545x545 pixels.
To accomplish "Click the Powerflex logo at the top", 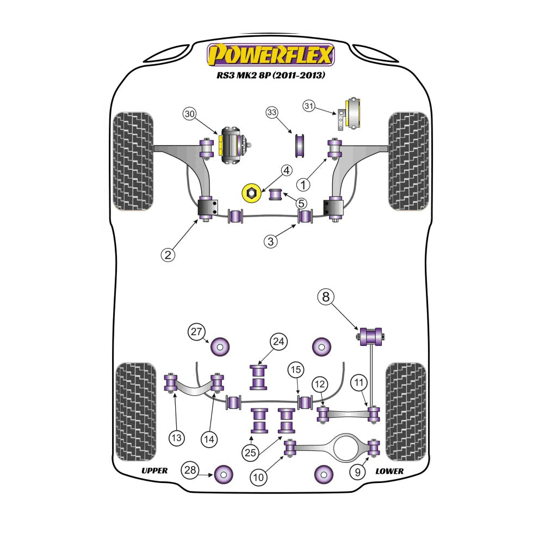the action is (x=271, y=55).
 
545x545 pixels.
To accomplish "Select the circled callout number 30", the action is (x=189, y=114).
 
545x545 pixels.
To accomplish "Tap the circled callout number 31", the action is (x=308, y=106).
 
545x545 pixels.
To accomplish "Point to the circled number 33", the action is (x=272, y=112).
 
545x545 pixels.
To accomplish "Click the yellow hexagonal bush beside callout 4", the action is (x=251, y=193).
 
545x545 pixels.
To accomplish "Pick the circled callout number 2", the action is (x=168, y=255).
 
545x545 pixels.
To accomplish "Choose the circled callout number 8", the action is (x=326, y=297).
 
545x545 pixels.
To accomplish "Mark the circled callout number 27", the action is (x=196, y=332).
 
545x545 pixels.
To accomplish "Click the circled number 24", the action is (x=278, y=342).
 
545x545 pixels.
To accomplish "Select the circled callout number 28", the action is (x=190, y=470).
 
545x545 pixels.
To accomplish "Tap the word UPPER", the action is (x=154, y=470).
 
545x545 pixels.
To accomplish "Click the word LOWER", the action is (x=389, y=472).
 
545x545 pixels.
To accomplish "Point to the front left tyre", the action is (x=133, y=162).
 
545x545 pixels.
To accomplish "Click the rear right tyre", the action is (x=406, y=412).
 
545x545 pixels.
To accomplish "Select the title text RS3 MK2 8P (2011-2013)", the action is (x=271, y=75).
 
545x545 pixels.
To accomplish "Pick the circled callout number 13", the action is (x=177, y=438).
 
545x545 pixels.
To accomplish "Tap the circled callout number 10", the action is (x=258, y=477).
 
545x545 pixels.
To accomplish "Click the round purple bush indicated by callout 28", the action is (x=224, y=474).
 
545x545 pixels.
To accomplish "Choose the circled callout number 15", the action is (x=296, y=369).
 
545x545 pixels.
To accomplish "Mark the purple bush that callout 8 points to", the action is (x=370, y=337).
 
